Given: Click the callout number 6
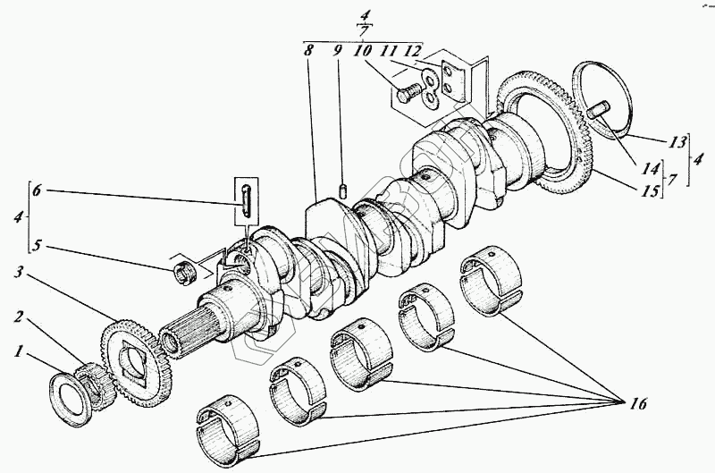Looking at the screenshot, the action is coord(37,190).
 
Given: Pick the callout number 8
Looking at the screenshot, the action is coord(308,52).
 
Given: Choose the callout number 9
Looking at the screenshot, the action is coord(339,52).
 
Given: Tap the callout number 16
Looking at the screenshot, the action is coord(635,404).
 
